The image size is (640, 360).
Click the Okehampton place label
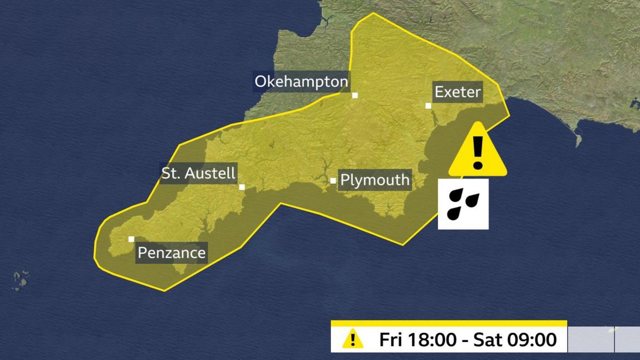301,82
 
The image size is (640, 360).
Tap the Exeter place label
457,92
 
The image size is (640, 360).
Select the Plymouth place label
375,180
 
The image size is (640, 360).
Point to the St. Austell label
198,173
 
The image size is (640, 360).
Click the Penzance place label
171,253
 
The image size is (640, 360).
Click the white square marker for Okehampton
355,95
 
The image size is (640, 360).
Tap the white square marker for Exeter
428,106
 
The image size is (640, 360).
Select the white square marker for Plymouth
333,181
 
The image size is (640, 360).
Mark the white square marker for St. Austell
242,187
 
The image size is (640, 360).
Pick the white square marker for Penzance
131,239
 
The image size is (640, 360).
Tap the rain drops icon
463,204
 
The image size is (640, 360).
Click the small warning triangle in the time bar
352,339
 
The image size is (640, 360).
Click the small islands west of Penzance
20,280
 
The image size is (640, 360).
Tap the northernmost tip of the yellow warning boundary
373,13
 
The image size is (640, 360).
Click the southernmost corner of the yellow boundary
164,290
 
